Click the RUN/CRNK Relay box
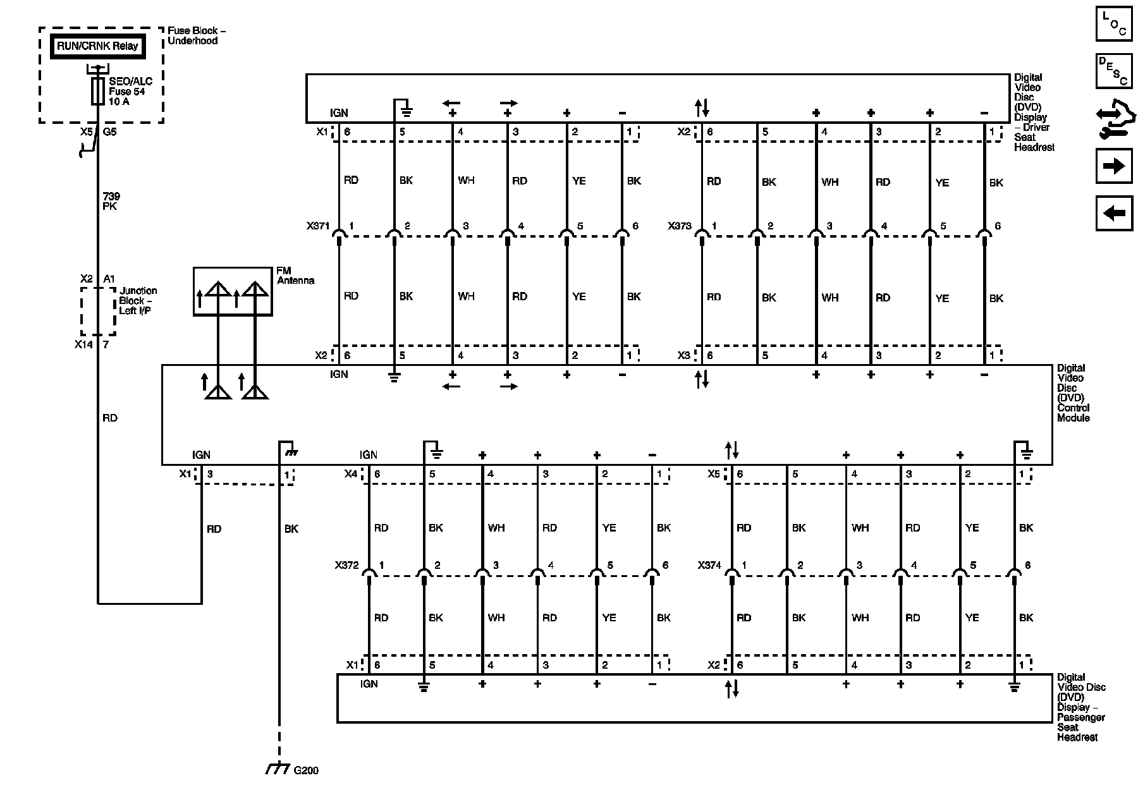click(97, 46)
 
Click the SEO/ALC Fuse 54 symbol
click(98, 91)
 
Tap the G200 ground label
click(306, 770)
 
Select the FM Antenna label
click(295, 276)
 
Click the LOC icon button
click(1113, 23)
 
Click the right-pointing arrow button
click(1113, 166)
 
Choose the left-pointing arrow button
click(1113, 213)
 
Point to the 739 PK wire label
click(111, 202)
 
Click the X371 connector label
click(318, 226)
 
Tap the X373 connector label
click(680, 226)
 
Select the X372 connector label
click(347, 566)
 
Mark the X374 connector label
click(709, 566)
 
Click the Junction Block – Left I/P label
click(138, 301)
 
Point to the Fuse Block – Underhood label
click(196, 35)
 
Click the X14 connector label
click(83, 345)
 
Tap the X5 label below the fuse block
click(86, 133)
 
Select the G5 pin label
click(109, 133)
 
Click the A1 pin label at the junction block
click(109, 279)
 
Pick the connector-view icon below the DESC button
click(1113, 119)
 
